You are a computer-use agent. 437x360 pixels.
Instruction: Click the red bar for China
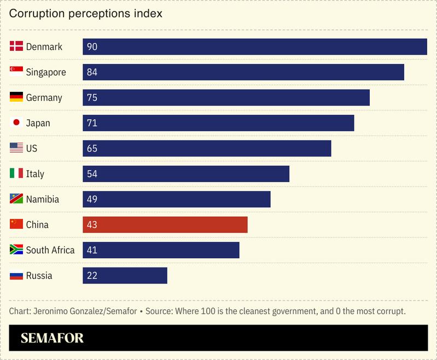[165, 225]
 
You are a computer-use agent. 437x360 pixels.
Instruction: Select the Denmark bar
[255, 47]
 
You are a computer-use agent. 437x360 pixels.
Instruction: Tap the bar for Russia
[125, 276]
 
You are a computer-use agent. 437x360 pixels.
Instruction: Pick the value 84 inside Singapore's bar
[92, 72]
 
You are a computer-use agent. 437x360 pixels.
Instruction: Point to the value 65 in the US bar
[92, 148]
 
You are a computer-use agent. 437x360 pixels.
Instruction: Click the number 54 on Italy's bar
[92, 174]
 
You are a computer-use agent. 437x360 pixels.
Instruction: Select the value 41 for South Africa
[92, 250]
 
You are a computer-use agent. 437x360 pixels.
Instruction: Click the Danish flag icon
[16, 47]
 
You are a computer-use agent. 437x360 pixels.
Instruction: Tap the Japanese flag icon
[16, 123]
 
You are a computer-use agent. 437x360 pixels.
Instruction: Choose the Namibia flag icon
[16, 199]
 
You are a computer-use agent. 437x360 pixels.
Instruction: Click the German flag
[16, 97]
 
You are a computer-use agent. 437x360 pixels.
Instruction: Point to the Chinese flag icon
[16, 224]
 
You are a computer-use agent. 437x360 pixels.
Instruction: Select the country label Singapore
[46, 72]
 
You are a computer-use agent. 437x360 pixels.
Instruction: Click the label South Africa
[50, 250]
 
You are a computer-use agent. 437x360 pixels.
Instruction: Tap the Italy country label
[35, 174]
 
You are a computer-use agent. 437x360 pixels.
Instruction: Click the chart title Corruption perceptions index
[86, 14]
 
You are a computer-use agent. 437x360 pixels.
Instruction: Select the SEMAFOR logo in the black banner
[52, 338]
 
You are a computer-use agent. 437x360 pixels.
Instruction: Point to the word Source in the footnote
[161, 311]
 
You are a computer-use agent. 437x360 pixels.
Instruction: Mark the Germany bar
[226, 98]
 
